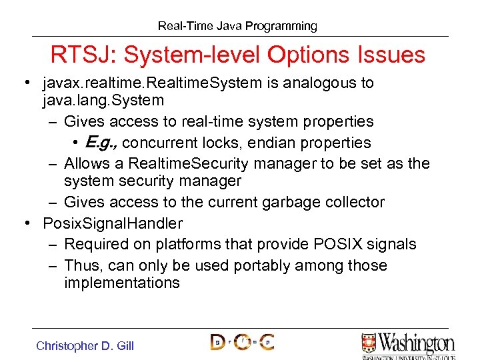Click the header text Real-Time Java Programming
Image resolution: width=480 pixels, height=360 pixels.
[237, 26]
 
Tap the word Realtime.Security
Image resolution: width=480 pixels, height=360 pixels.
[185, 164]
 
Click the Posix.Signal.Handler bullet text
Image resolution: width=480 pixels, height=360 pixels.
[112, 223]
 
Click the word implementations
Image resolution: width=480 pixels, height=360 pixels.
[122, 283]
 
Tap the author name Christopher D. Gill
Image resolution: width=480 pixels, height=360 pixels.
[85, 345]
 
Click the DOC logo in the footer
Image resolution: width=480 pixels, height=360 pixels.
[242, 342]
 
